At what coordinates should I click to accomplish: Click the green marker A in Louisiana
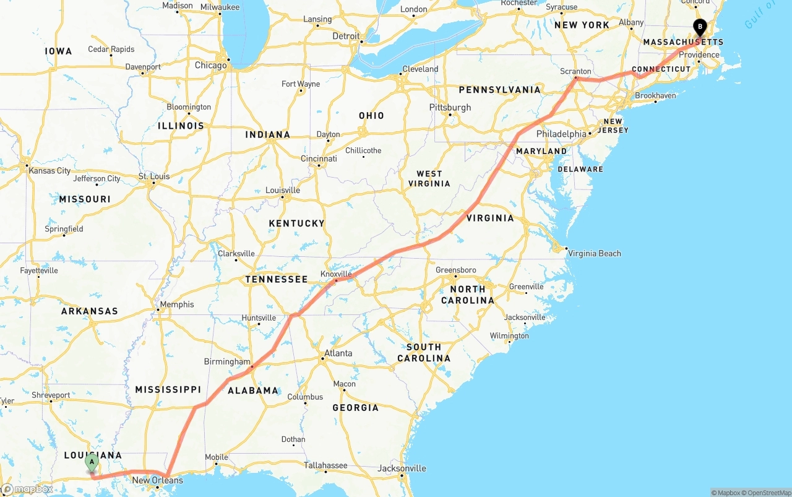click(92, 461)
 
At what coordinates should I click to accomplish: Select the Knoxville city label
click(336, 274)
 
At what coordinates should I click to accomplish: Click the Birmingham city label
click(227, 361)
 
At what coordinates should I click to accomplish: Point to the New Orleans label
click(158, 480)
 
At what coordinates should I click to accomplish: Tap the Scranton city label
click(575, 71)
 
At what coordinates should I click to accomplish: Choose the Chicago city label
click(210, 65)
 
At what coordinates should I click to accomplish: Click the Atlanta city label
click(338, 353)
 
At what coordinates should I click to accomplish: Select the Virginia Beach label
click(594, 253)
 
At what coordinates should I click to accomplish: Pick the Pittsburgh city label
click(450, 107)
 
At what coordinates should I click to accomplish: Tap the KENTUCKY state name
click(296, 223)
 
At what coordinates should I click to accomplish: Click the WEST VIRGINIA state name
click(429, 179)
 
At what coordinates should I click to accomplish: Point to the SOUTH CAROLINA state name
click(424, 353)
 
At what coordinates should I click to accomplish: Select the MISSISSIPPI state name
click(168, 389)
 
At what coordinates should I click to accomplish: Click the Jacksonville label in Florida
click(402, 468)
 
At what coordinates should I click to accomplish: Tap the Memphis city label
click(176, 305)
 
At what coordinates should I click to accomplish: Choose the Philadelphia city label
click(561, 134)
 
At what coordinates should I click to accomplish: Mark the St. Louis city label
click(154, 176)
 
